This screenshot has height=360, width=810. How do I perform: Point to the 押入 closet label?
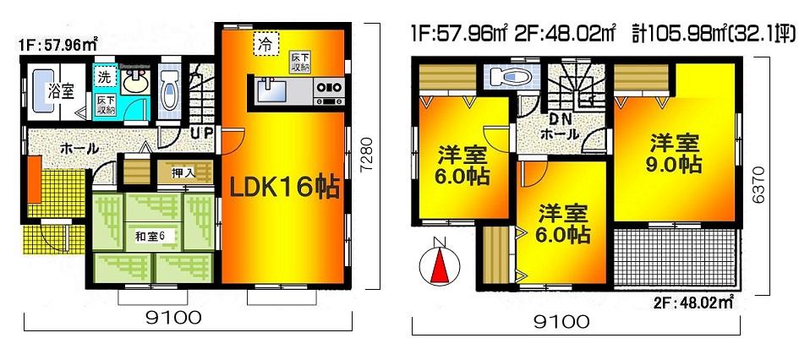184,173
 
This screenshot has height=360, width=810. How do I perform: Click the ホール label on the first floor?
77,148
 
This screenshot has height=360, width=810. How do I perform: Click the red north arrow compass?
438,263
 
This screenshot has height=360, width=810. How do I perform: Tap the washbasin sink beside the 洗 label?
134,81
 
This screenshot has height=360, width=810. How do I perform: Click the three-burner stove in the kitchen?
328,87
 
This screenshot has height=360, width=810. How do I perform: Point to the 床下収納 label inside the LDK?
299,60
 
